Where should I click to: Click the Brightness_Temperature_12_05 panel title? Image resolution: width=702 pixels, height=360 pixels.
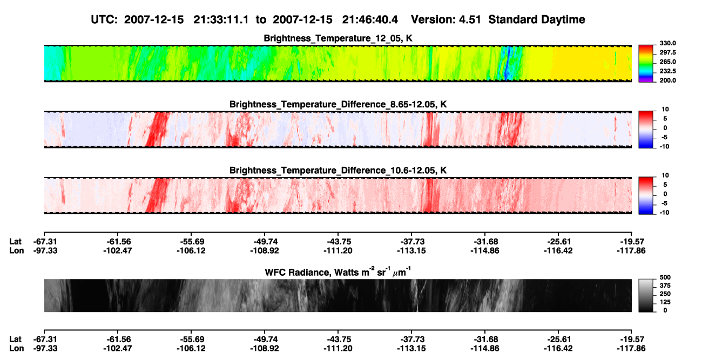click(338, 38)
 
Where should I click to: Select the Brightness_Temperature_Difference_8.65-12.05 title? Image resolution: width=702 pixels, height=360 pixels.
click(338, 104)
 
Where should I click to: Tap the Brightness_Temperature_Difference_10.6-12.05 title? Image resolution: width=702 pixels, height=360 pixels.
click(338, 171)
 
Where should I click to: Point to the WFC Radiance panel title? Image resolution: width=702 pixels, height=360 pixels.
click(338, 272)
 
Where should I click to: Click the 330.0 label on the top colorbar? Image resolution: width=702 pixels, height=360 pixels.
click(667, 43)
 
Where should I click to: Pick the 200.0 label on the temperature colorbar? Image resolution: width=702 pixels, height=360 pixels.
click(667, 80)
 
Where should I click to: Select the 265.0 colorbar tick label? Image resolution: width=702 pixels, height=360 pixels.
click(667, 62)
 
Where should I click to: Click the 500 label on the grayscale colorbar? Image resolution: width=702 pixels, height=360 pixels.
click(665, 277)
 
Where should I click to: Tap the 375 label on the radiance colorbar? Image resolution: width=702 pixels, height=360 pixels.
click(665, 286)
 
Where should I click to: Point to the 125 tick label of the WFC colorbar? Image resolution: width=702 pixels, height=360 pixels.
click(665, 302)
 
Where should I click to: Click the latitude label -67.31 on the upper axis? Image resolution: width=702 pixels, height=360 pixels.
click(45, 242)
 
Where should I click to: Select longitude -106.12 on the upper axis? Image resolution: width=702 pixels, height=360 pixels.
click(191, 250)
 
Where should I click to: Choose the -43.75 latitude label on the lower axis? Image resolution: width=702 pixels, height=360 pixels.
click(338, 339)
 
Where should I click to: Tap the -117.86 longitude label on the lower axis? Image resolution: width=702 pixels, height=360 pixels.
click(631, 349)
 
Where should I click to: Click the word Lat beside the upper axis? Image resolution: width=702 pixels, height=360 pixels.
click(15, 242)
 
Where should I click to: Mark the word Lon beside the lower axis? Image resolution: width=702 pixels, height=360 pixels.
click(17, 349)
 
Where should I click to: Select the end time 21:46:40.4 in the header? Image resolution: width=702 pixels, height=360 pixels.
click(370, 19)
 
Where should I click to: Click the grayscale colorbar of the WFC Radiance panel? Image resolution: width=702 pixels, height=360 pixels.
click(646, 295)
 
